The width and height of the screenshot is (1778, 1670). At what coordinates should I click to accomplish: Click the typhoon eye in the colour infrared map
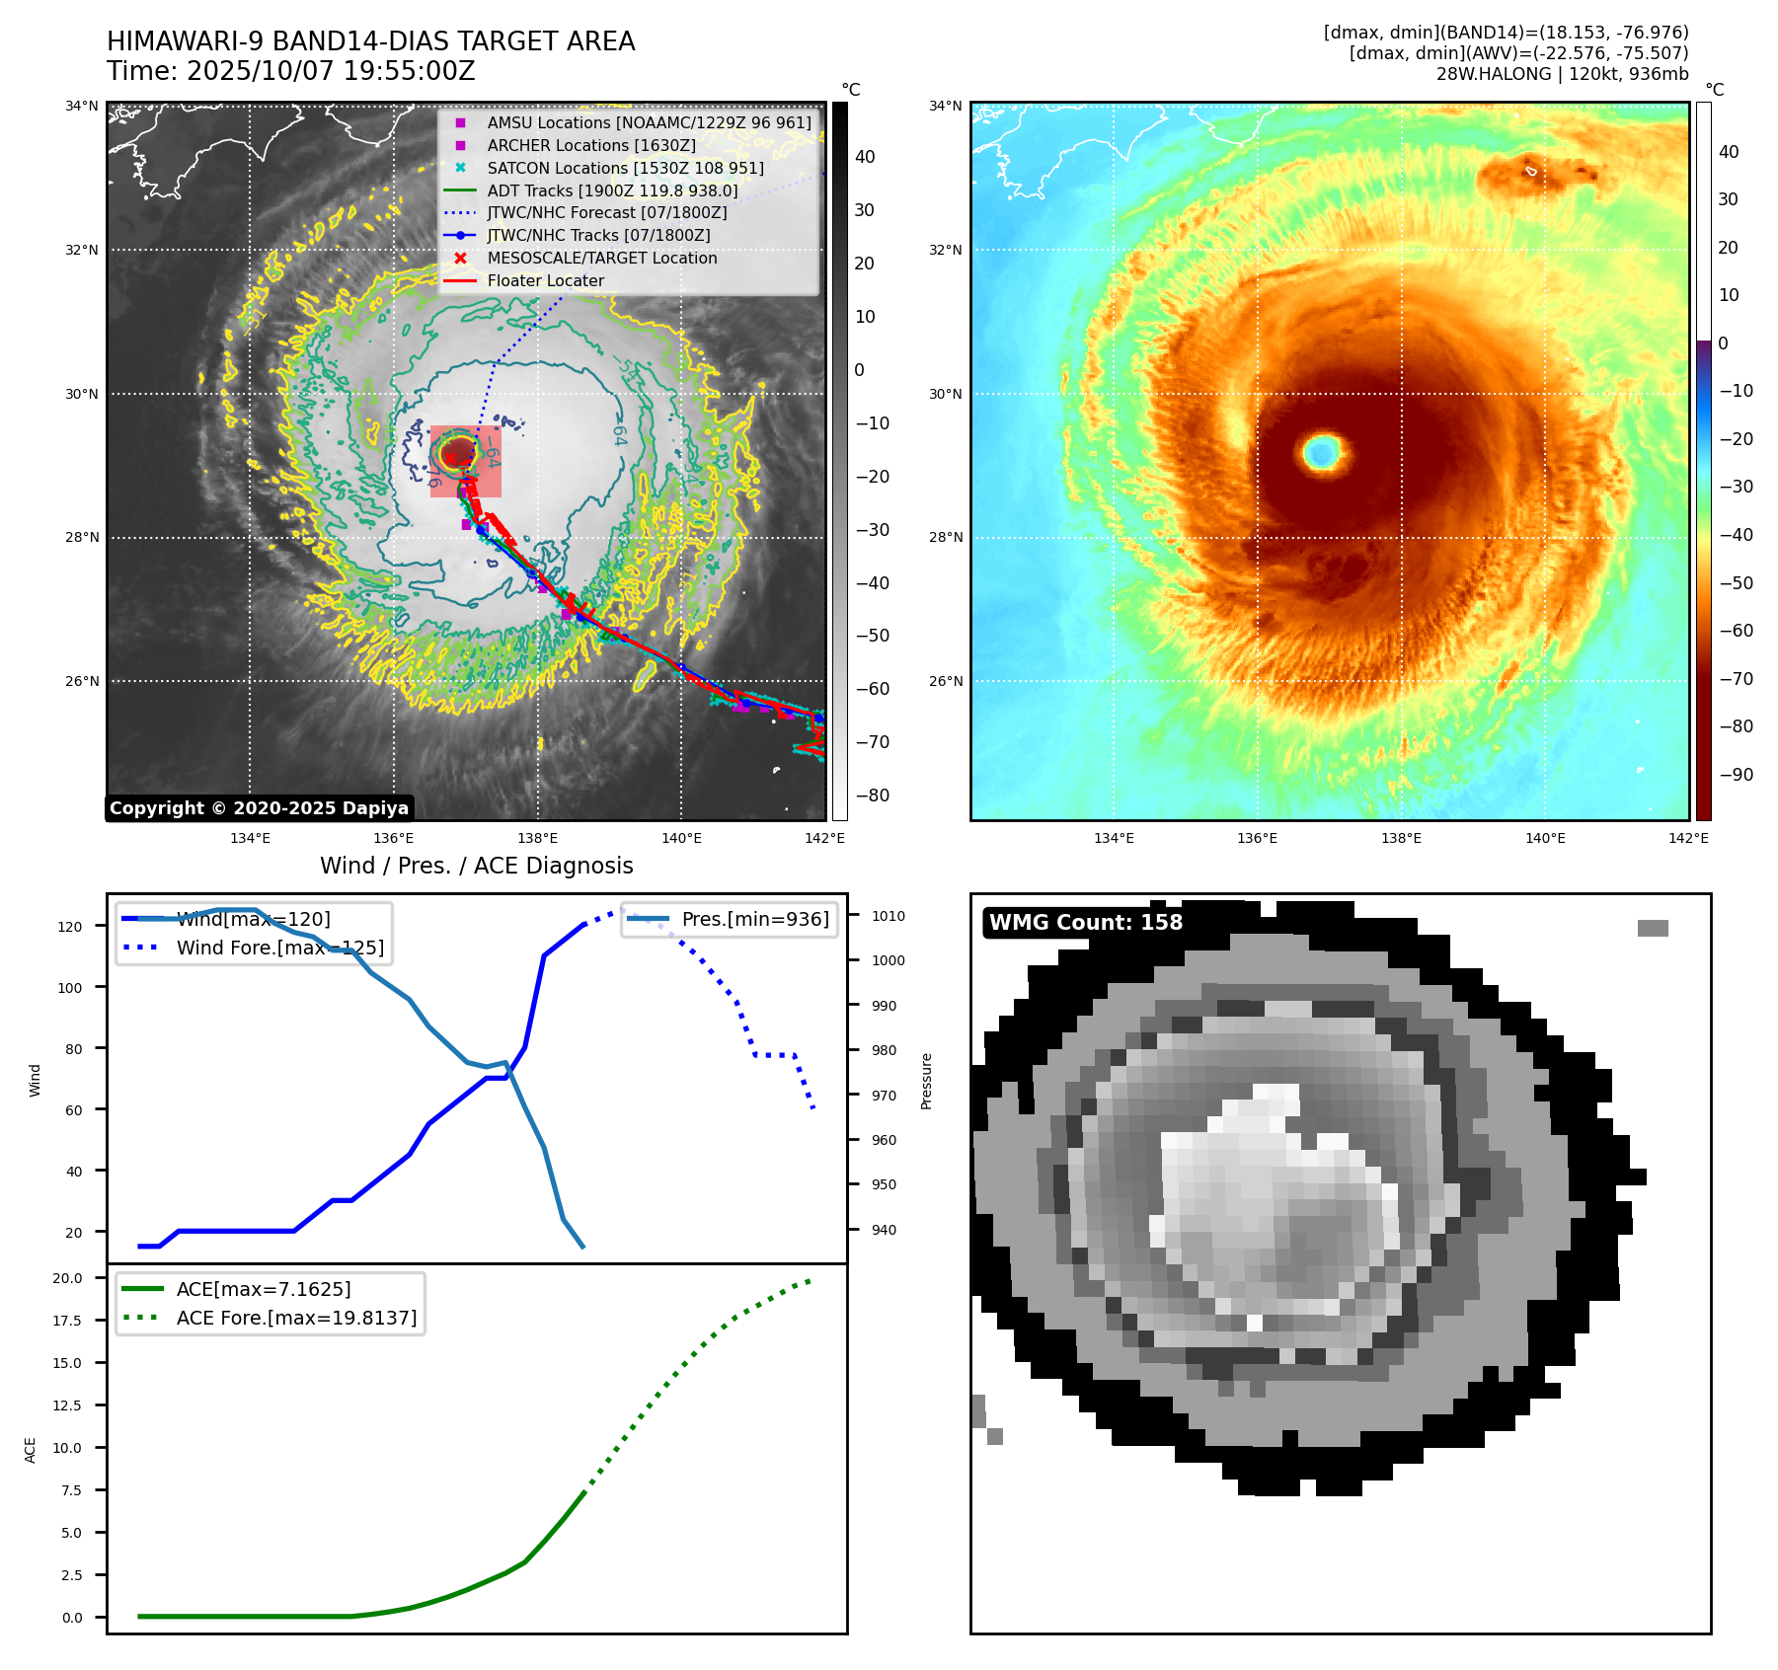(1322, 452)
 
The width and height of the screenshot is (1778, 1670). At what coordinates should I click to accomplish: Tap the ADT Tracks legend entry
(612, 190)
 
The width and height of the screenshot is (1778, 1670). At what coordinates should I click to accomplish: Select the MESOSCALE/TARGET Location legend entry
(601, 258)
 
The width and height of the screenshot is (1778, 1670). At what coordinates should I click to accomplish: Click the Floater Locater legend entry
(545, 280)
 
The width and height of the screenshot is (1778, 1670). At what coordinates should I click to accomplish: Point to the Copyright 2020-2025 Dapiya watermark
(259, 808)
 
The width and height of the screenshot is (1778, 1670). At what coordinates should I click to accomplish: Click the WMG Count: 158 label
(1085, 923)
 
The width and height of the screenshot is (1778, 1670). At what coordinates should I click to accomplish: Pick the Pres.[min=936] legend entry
(755, 919)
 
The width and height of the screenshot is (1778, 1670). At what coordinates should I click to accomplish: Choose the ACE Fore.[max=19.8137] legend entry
(296, 1318)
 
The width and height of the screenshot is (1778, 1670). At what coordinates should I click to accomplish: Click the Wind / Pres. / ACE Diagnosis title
(476, 866)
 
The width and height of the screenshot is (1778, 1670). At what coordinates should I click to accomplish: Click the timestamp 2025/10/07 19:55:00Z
(331, 71)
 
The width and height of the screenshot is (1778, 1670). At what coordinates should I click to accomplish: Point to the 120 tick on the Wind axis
(70, 927)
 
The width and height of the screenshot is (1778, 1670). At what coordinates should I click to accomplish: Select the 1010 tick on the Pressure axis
(889, 916)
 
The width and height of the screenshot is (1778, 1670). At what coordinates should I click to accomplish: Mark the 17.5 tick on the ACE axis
(67, 1321)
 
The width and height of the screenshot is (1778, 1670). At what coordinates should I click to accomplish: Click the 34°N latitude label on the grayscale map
(82, 107)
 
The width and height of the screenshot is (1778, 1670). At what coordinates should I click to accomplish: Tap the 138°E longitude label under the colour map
(1401, 839)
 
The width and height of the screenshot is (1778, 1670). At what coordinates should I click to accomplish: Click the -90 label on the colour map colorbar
(1736, 775)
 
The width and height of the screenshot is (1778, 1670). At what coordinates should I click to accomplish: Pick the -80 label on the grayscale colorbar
(872, 796)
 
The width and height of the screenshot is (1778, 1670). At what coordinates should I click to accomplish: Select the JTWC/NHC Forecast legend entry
(606, 212)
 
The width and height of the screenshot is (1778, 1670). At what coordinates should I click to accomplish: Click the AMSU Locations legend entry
(649, 122)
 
